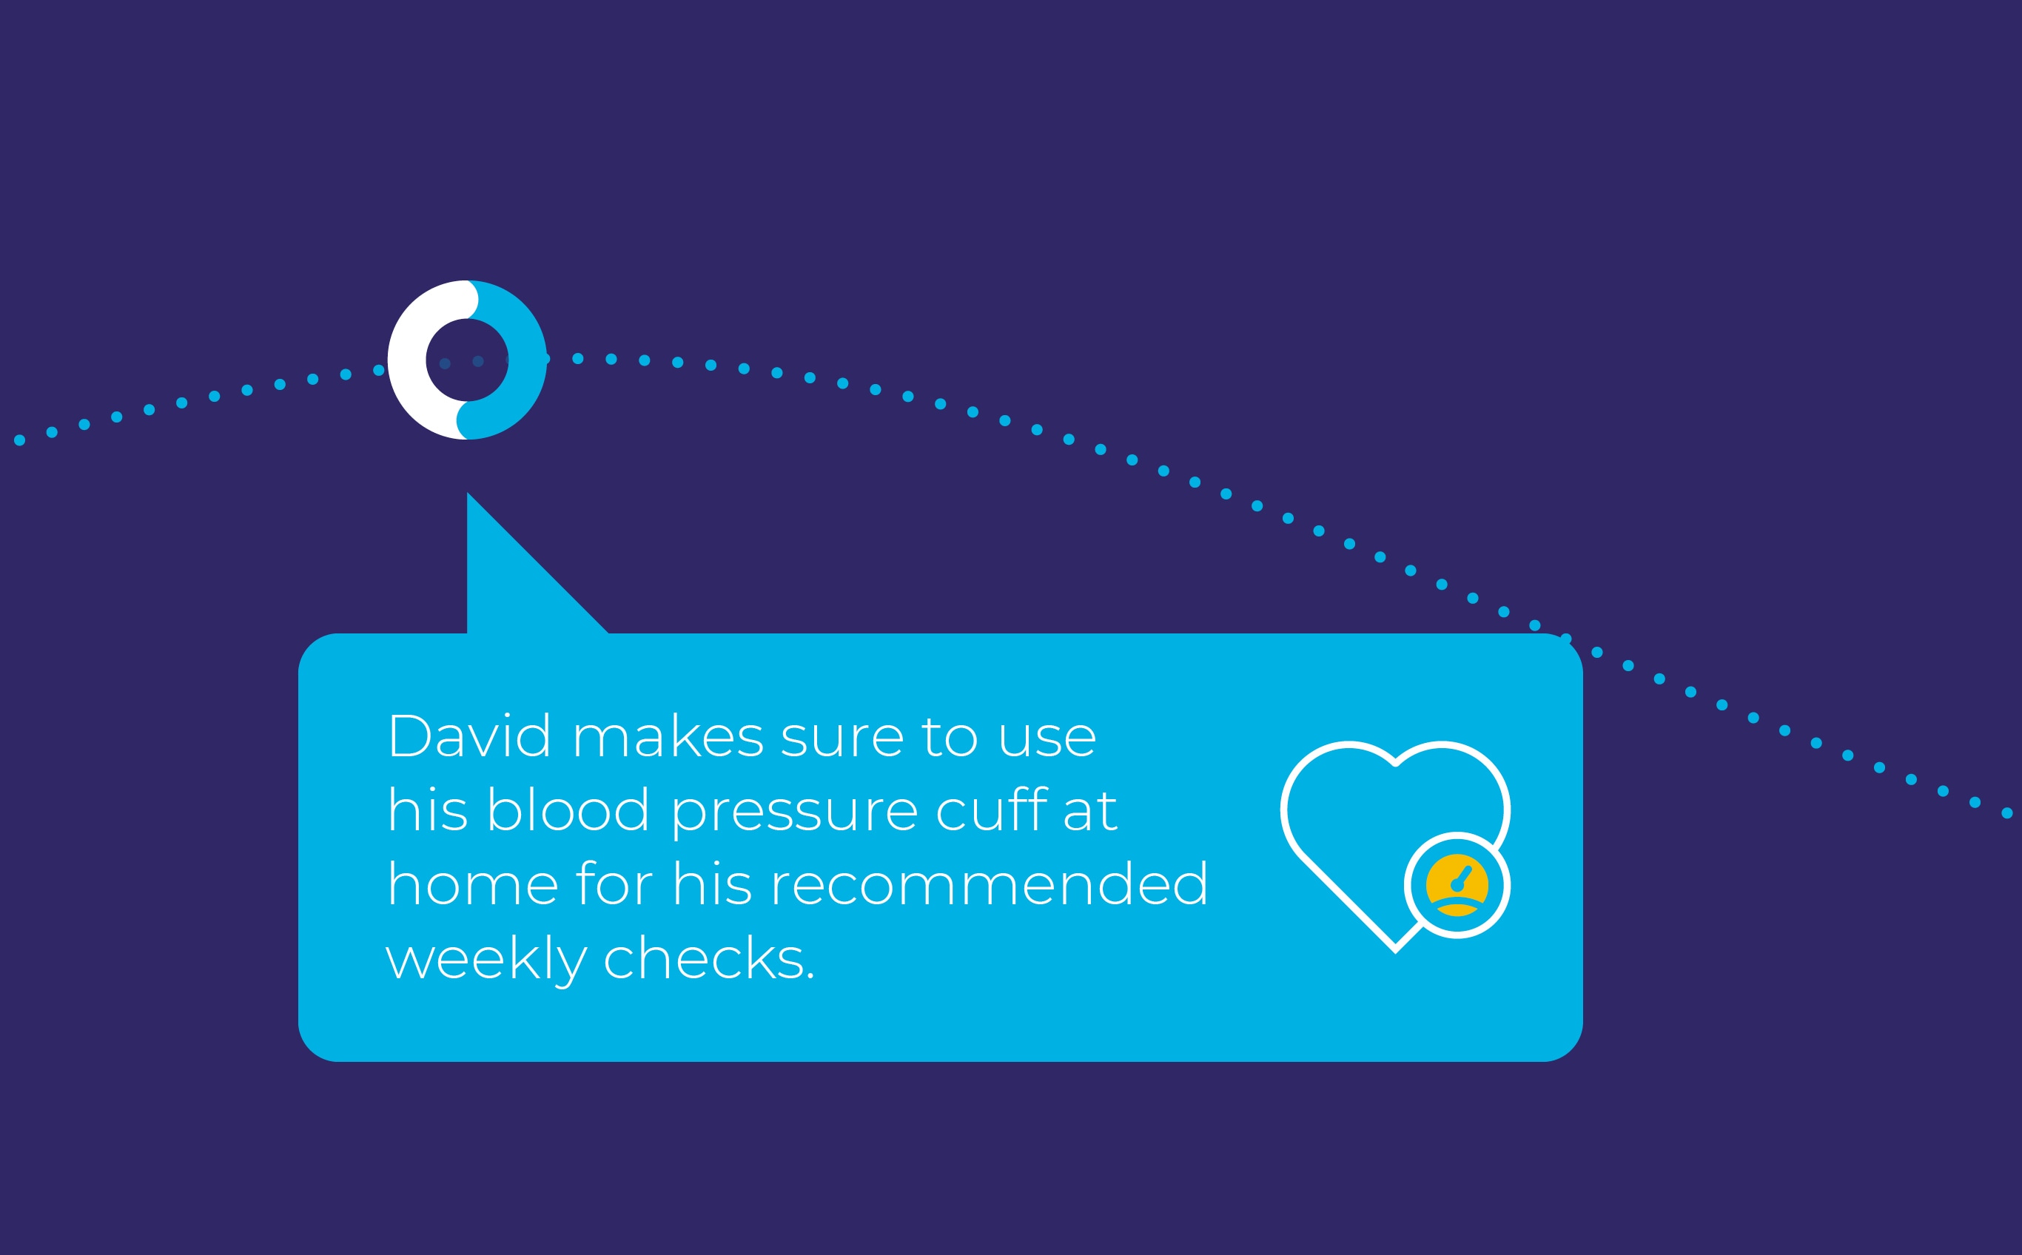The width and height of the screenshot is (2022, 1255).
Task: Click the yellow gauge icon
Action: (1457, 885)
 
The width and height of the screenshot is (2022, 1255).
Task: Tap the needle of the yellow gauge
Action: (1462, 877)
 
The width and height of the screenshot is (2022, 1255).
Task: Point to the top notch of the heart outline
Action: (1395, 763)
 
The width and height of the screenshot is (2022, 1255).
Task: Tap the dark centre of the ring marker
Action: (467, 360)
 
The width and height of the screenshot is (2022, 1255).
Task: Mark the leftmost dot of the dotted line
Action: (19, 440)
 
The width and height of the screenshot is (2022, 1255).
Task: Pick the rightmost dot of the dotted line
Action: (2007, 813)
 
